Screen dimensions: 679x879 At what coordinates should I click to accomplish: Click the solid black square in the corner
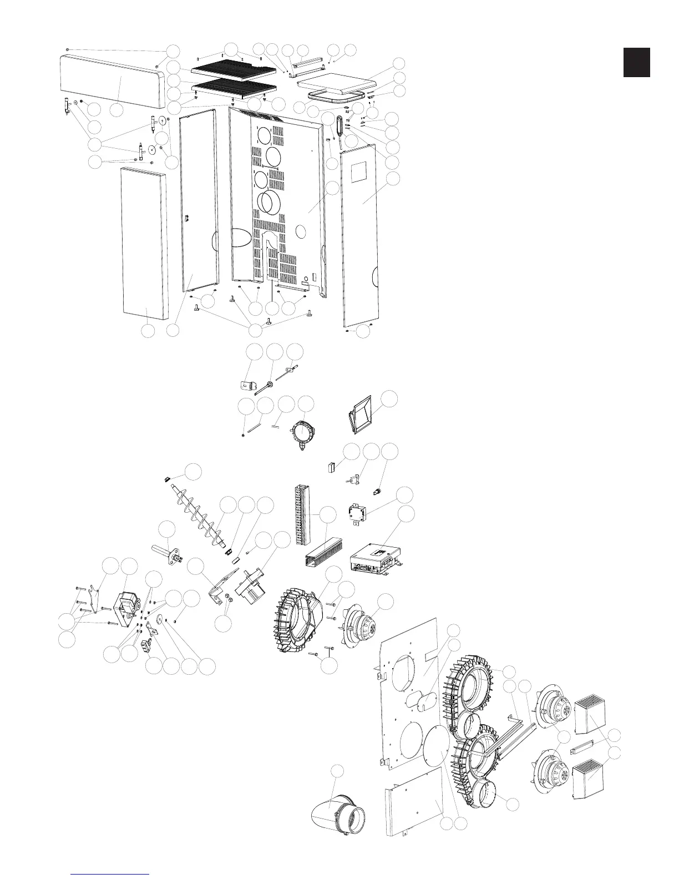tap(636, 62)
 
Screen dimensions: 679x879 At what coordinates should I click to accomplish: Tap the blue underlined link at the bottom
tap(110, 873)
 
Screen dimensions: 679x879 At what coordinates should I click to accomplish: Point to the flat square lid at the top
tap(333, 83)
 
